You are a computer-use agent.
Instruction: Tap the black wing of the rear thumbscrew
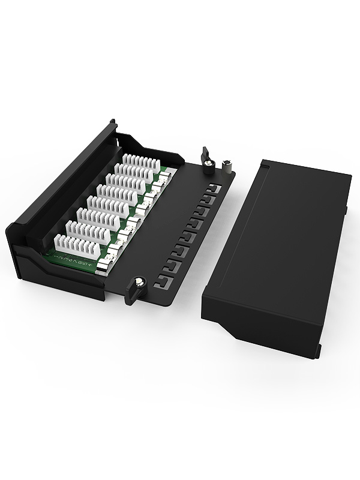[x=205, y=153]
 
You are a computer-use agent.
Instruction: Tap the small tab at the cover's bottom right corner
[x=316, y=351]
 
